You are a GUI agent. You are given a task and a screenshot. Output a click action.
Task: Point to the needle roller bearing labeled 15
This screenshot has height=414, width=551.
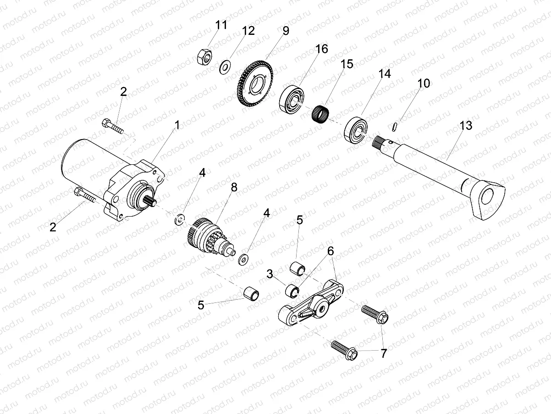tap(321, 112)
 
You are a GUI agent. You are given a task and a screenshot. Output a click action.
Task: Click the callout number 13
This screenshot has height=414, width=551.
tap(466, 126)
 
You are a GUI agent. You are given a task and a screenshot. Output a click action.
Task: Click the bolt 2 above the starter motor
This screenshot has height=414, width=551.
tap(113, 125)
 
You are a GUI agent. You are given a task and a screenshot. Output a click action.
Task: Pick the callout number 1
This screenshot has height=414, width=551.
tap(176, 125)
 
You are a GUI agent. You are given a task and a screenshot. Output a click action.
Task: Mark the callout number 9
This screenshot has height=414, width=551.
tap(286, 31)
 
